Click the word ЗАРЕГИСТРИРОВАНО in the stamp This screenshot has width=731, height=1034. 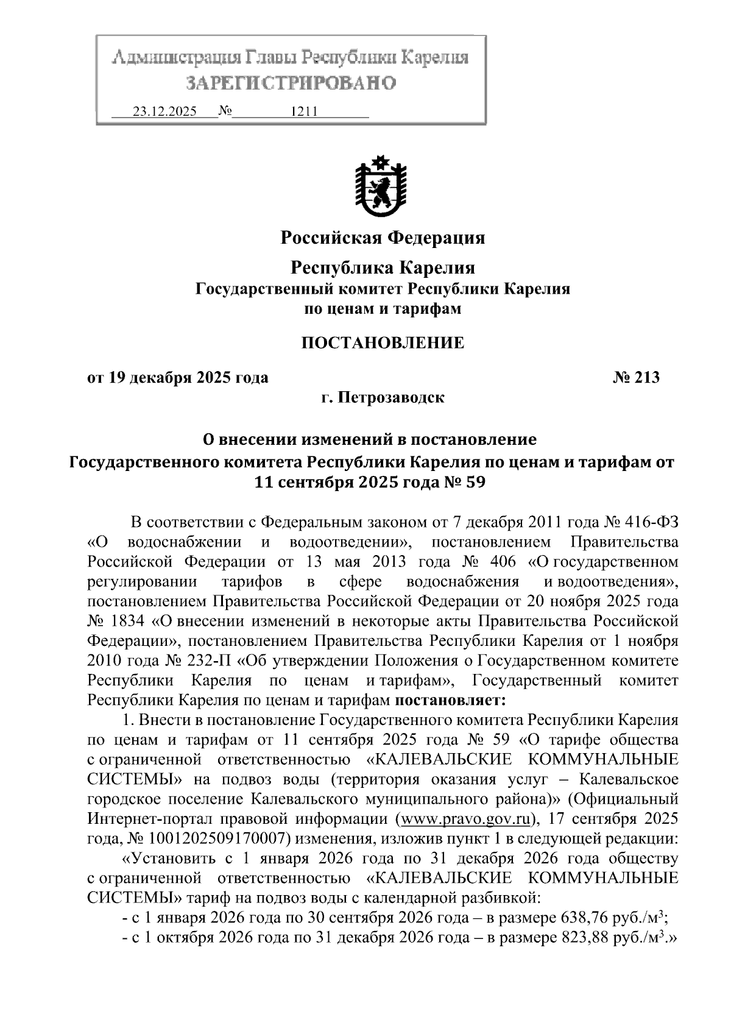[291, 82]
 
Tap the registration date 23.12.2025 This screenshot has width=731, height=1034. [164, 112]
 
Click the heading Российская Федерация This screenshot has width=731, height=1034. [382, 237]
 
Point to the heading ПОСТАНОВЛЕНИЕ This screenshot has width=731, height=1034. [383, 342]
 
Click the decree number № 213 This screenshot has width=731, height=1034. [636, 378]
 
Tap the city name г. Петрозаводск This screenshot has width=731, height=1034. [383, 398]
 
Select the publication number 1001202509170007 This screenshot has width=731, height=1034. [207, 838]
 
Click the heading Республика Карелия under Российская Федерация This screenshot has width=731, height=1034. [382, 267]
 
